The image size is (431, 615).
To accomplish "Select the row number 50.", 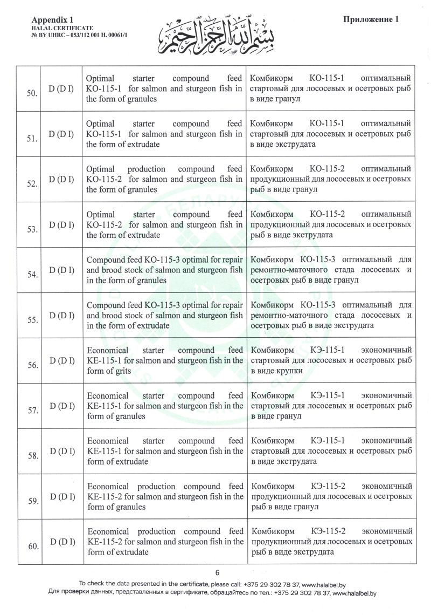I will [32, 93].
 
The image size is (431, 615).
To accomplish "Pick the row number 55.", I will [32, 320].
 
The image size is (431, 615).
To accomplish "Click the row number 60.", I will [32, 546].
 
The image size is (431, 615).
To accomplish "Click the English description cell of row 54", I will [164, 270].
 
